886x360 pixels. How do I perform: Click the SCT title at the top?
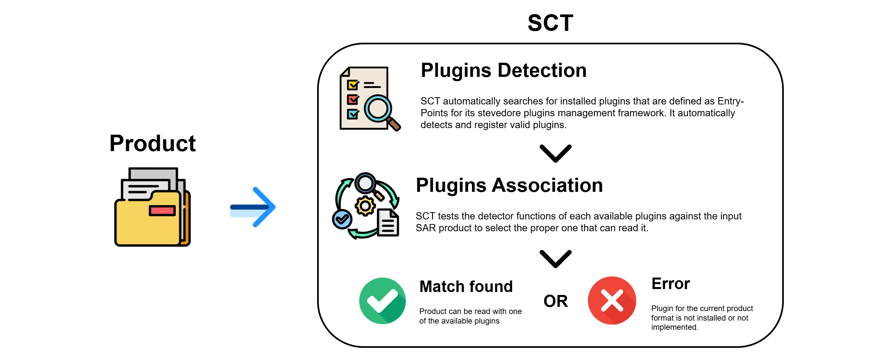pyautogui.click(x=550, y=23)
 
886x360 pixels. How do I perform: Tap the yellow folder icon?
pyautogui.click(x=152, y=207)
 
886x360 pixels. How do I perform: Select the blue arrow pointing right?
pyautogui.click(x=253, y=207)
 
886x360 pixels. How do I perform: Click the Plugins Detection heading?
pyautogui.click(x=503, y=71)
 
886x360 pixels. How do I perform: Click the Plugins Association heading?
pyautogui.click(x=509, y=185)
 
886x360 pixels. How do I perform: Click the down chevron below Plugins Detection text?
pyautogui.click(x=555, y=154)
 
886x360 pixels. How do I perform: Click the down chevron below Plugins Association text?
pyautogui.click(x=555, y=259)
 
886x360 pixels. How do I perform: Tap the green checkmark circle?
pyautogui.click(x=382, y=301)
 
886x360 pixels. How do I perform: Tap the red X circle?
pyautogui.click(x=612, y=301)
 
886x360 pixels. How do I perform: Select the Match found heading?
pyautogui.click(x=466, y=286)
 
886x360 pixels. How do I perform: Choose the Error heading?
pyautogui.click(x=670, y=284)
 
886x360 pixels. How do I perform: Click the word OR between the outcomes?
pyautogui.click(x=555, y=301)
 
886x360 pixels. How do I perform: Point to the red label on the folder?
pyautogui.click(x=162, y=211)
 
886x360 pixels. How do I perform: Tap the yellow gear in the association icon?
pyautogui.click(x=365, y=206)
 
